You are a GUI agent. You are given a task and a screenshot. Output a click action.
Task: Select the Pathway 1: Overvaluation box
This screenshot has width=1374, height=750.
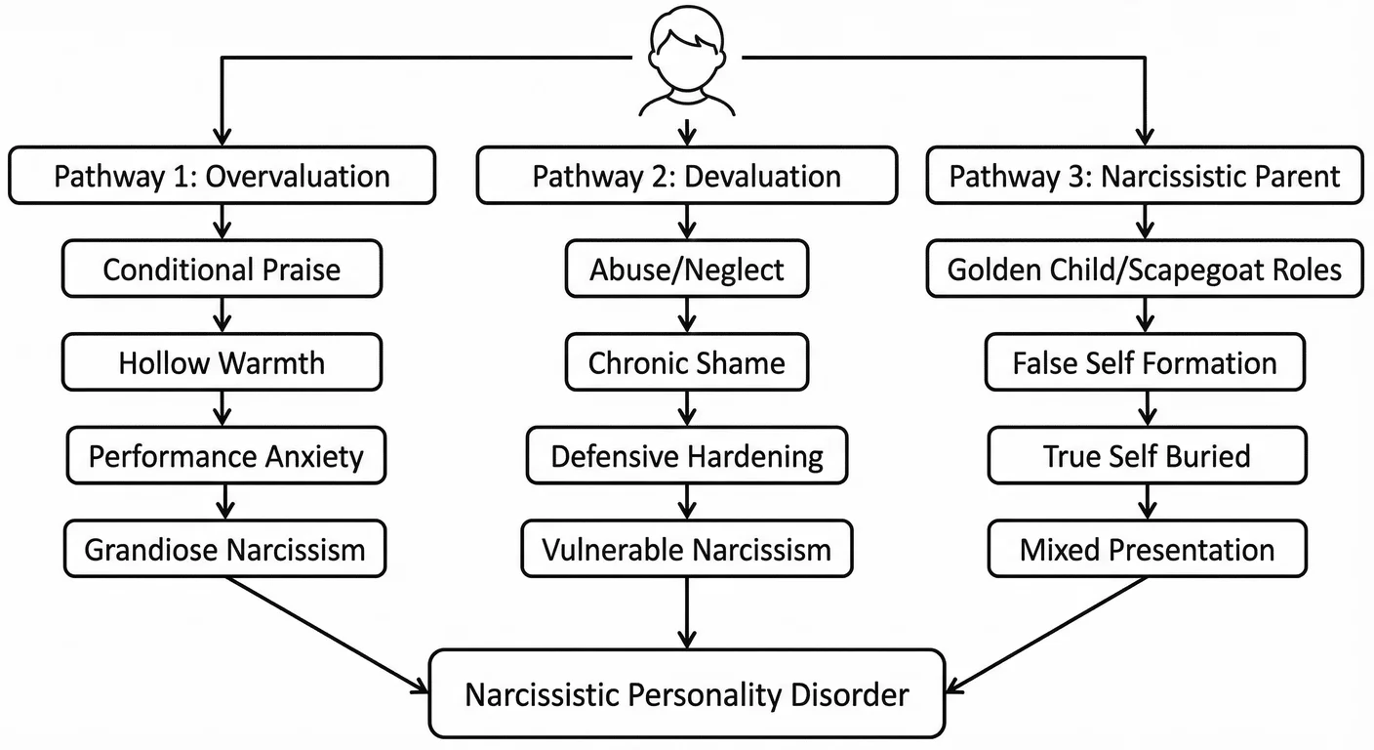coord(222,176)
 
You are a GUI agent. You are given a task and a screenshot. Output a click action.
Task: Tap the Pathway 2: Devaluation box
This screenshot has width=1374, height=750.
coord(687,176)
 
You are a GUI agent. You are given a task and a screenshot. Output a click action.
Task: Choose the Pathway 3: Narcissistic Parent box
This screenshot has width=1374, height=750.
coord(1145,176)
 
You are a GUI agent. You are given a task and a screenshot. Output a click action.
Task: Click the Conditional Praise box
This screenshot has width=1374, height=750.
coord(222,270)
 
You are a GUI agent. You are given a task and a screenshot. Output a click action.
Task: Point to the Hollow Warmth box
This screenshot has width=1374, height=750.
coord(222,363)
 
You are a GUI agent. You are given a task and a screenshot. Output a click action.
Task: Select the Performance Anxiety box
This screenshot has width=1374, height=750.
coord(225,456)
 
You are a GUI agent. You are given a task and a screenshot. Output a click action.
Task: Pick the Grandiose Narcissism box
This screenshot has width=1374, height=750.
coord(224,549)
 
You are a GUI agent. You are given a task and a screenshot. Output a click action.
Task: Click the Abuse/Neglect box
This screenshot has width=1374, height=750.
coord(687,270)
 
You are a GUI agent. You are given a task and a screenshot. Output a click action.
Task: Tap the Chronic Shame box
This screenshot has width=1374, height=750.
coord(687,363)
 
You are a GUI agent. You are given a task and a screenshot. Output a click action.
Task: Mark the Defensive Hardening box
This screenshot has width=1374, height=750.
coord(687,456)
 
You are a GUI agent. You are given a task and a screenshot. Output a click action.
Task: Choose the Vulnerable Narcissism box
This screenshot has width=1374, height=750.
coord(687,549)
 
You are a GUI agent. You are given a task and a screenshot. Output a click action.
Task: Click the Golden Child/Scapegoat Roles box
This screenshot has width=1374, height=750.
coord(1145,270)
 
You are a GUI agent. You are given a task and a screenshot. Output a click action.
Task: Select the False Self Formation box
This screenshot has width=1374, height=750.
coord(1145,363)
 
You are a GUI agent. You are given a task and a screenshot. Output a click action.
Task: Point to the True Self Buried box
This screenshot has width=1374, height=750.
coord(1145,456)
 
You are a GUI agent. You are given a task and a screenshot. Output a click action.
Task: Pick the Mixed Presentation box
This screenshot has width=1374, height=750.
coord(1147,549)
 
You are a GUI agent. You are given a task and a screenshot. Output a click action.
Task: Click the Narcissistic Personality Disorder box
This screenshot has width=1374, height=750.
coord(687,694)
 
